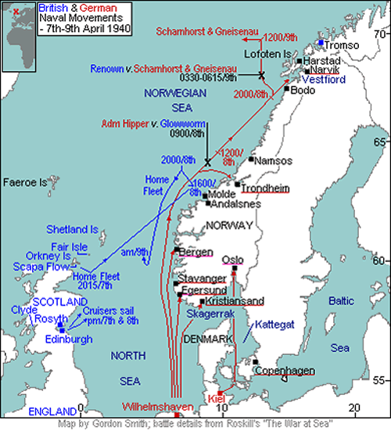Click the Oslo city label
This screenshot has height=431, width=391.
tap(233, 260)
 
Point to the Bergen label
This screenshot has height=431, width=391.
tap(195, 252)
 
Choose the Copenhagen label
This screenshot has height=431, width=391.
tap(286, 370)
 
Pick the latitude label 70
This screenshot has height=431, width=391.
tap(381, 34)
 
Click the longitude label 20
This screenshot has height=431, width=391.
tap(353, 408)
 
